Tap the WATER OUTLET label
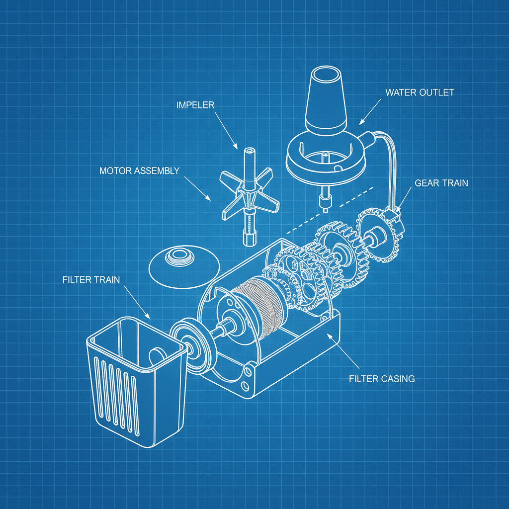pyautogui.click(x=420, y=92)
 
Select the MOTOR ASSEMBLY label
pyautogui.click(x=139, y=171)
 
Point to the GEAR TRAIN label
pyautogui.click(x=441, y=183)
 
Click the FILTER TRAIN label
pyautogui.click(x=91, y=280)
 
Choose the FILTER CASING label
pyautogui.click(x=382, y=379)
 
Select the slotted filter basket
pyautogui.click(x=134, y=378)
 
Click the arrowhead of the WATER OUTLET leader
pyautogui.click(x=360, y=124)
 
